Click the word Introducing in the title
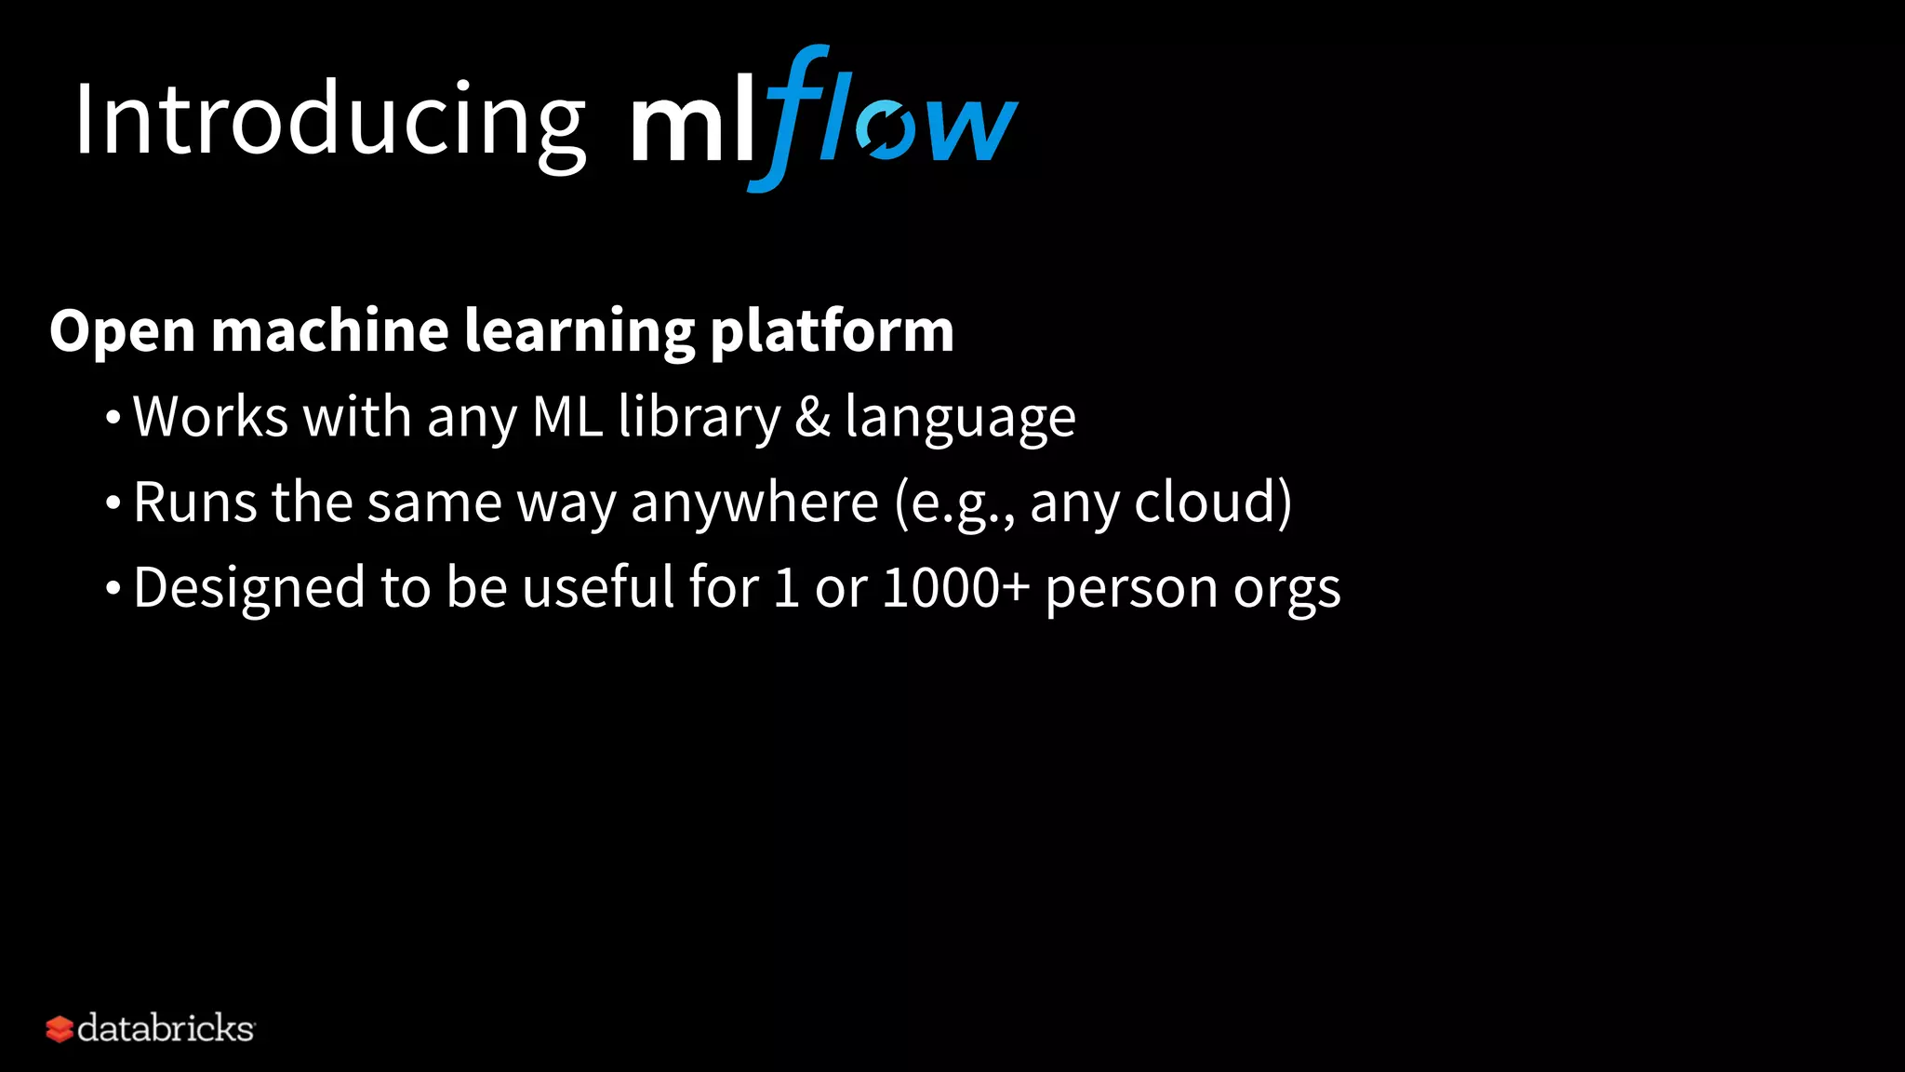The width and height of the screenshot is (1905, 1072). tap(329, 121)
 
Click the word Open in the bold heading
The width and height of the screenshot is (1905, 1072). tap(122, 331)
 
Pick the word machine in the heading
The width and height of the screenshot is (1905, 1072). tap(330, 329)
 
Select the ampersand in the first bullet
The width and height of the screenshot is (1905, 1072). tap(812, 416)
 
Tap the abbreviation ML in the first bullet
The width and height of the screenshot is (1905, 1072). tap(567, 416)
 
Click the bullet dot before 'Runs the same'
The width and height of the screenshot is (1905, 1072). tap(113, 503)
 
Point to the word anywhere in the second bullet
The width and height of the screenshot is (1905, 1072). tap(754, 503)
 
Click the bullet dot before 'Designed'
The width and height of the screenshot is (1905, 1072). tap(113, 589)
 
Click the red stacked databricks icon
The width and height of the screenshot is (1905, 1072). tap(60, 1029)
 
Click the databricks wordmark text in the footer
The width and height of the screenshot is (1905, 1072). tap(166, 1028)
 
